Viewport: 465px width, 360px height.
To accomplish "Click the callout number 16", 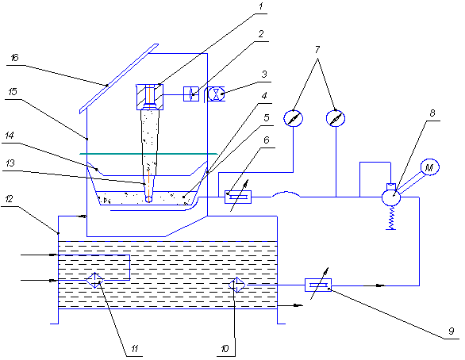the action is click(14, 57).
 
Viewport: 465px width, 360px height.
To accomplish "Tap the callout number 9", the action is click(451, 331).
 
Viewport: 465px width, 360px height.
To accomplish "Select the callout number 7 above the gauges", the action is click(317, 49).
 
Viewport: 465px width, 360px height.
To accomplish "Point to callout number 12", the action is click(10, 198).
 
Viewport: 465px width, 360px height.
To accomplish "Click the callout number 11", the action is click(135, 348).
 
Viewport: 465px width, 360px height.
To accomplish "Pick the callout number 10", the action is click(225, 348).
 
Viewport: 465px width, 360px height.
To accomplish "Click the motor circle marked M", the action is click(429, 167).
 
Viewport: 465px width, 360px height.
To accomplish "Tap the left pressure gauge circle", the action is click(294, 118).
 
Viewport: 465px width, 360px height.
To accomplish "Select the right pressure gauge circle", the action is click(336, 118).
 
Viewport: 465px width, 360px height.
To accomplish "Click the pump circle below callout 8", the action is click(391, 197).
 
